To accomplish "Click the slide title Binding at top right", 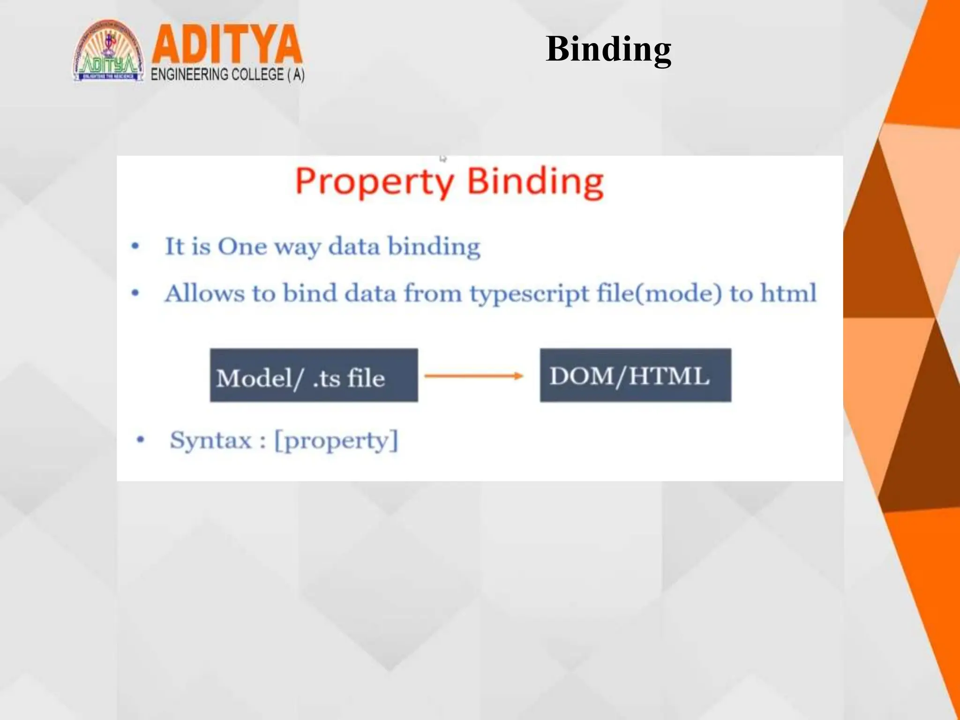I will pyautogui.click(x=608, y=49).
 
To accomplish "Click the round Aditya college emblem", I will pyautogui.click(x=108, y=52).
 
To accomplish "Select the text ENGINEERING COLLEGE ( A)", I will pyautogui.click(x=227, y=75).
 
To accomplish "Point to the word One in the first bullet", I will pyautogui.click(x=242, y=246).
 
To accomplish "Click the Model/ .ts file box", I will pyautogui.click(x=314, y=375).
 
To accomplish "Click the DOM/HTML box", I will pyautogui.click(x=635, y=375).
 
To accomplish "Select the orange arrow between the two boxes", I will pyautogui.click(x=473, y=376).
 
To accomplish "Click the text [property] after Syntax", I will pyautogui.click(x=336, y=441).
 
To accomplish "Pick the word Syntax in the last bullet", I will pyautogui.click(x=210, y=440).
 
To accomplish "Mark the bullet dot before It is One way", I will pyautogui.click(x=135, y=246).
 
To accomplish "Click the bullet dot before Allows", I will pyautogui.click(x=135, y=293).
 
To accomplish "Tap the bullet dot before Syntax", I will pyautogui.click(x=140, y=440).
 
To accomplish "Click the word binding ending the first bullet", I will pyautogui.click(x=434, y=246).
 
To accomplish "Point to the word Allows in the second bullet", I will pyautogui.click(x=204, y=293).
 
